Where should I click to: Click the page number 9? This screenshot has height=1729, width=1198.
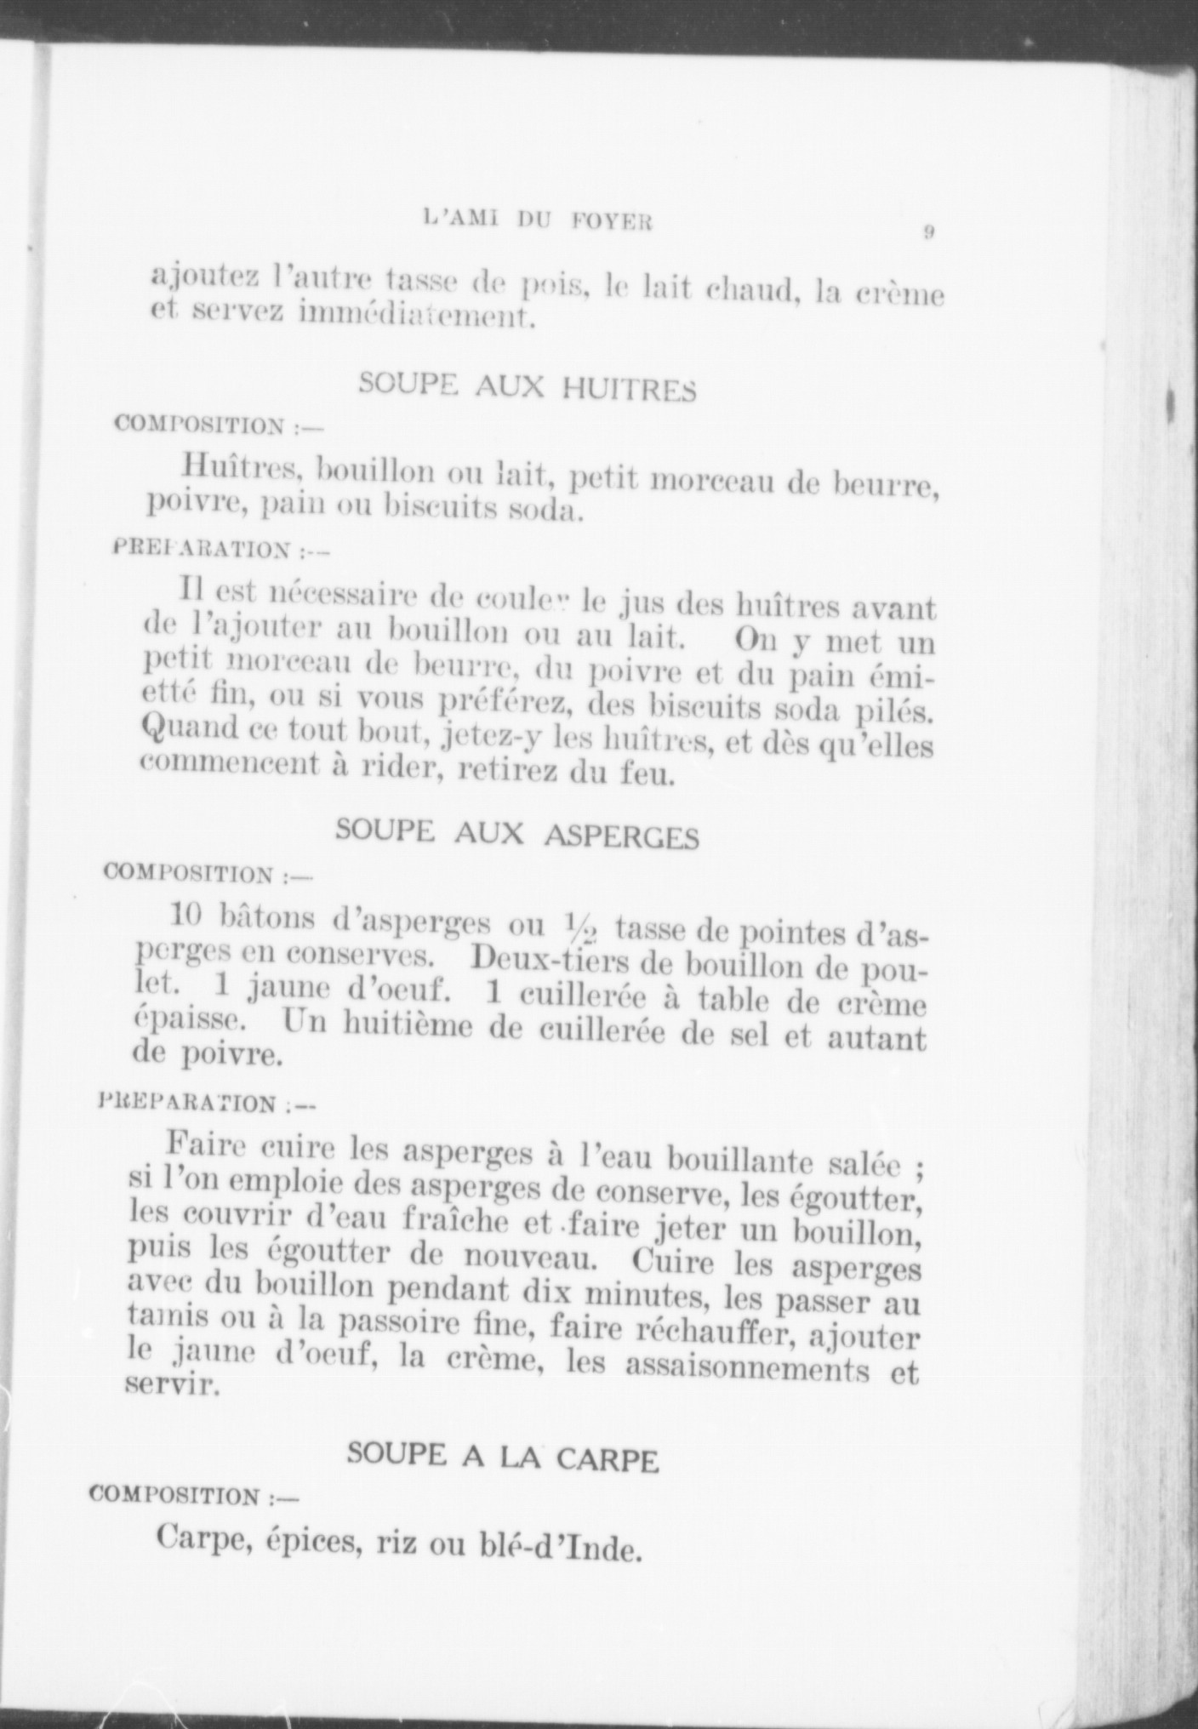(x=929, y=231)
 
